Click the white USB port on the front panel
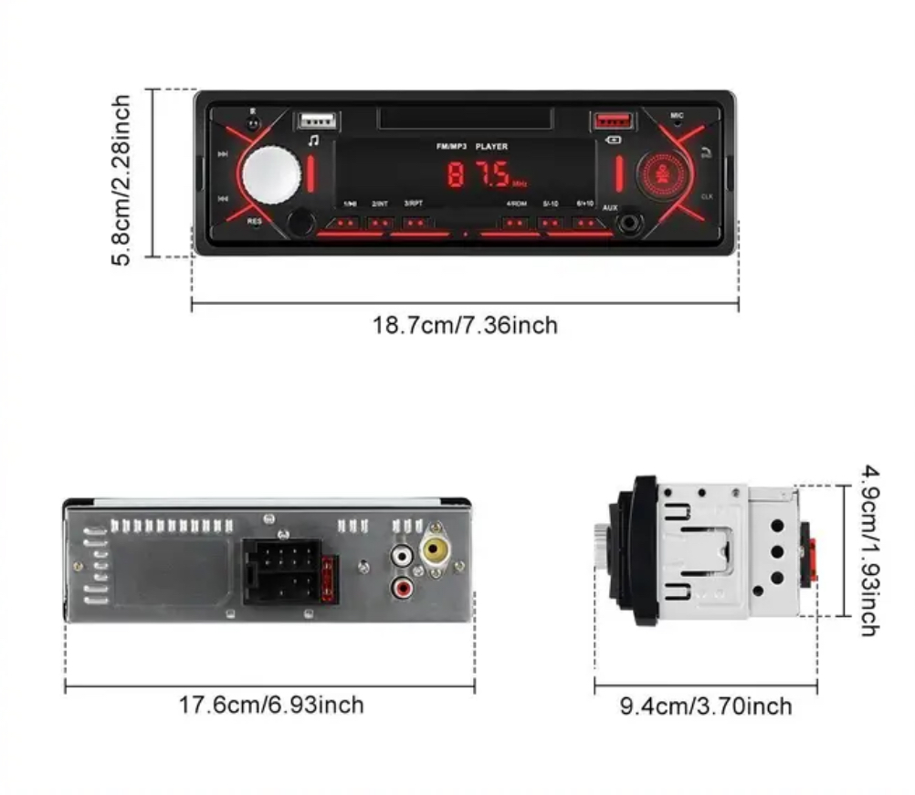(x=316, y=121)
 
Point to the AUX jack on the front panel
(x=627, y=222)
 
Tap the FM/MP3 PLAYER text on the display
(x=471, y=146)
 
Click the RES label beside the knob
(x=254, y=220)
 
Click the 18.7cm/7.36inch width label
(x=464, y=325)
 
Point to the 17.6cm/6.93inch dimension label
(x=270, y=705)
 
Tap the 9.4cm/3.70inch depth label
(x=706, y=706)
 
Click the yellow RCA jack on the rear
(x=434, y=551)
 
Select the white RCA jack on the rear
(x=401, y=554)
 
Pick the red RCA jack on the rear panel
(x=401, y=588)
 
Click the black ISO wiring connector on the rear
(x=280, y=570)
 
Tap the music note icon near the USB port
(x=313, y=141)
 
